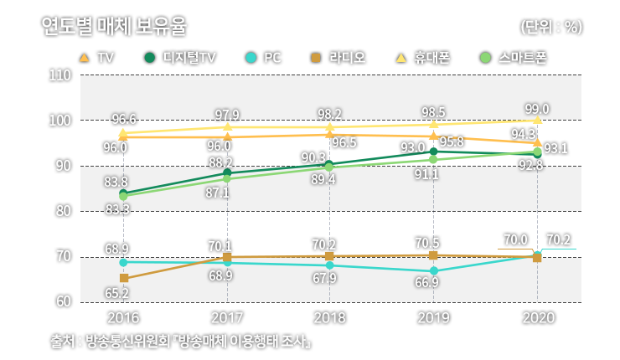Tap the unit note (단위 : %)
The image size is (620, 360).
(x=550, y=27)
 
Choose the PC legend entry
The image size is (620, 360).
(x=263, y=58)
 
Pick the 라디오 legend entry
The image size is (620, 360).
(x=338, y=58)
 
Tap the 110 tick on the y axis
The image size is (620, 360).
(x=59, y=75)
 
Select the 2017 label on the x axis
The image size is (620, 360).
(x=227, y=318)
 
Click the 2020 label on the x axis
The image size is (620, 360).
(x=537, y=318)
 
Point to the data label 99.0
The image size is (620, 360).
(x=536, y=109)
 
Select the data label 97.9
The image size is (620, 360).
(x=227, y=115)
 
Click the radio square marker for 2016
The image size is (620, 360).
(x=124, y=278)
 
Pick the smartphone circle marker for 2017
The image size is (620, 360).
(x=227, y=178)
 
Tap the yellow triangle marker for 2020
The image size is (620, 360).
(x=537, y=121)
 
